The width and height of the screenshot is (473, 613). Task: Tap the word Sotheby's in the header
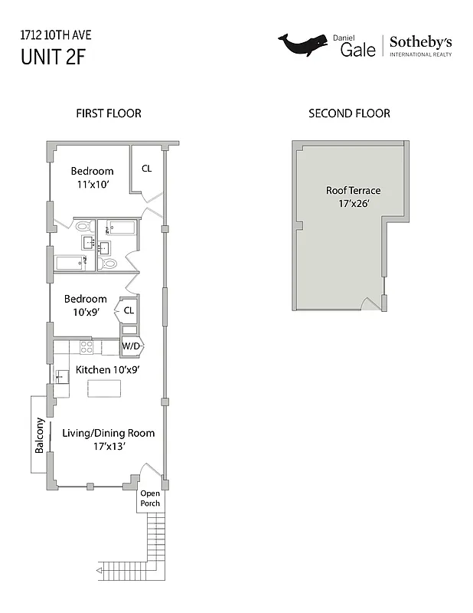coord(421,42)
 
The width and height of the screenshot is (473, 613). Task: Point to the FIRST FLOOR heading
coord(108,113)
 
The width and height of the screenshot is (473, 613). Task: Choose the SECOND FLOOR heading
coord(349,113)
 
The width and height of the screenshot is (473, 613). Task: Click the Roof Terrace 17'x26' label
coord(353,198)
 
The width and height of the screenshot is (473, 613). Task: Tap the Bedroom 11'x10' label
coord(93,178)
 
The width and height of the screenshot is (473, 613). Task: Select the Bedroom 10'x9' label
coord(85,305)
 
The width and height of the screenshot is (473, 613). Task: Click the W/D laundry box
coord(132,346)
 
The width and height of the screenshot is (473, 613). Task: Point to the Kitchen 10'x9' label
coord(107,370)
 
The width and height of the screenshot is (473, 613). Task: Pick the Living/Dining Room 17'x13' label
coord(108,439)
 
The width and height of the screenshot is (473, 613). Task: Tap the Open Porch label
coord(150,498)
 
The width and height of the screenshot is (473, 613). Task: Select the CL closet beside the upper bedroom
coord(146,169)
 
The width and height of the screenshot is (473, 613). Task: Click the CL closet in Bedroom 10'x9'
coord(129,310)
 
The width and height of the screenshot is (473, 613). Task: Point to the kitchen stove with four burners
coord(87,346)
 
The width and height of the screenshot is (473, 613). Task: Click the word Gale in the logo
coord(358,49)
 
